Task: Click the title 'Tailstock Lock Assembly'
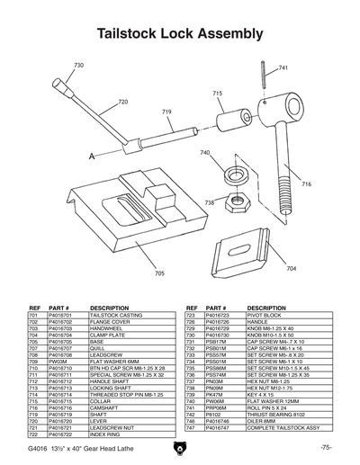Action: pyautogui.click(x=179, y=34)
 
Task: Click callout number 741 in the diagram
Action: pyautogui.click(x=283, y=68)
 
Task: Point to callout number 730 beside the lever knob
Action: pyautogui.click(x=78, y=66)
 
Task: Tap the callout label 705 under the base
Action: pyautogui.click(x=159, y=273)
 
